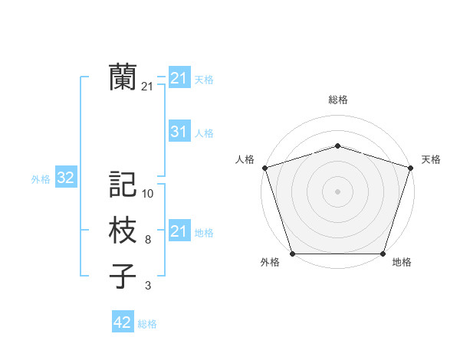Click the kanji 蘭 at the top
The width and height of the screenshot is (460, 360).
(123, 77)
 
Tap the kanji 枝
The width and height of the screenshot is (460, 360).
(123, 231)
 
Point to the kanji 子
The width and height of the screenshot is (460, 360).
(123, 277)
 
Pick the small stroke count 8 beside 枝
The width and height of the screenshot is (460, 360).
(147, 240)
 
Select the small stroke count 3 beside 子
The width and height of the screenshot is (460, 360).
(147, 286)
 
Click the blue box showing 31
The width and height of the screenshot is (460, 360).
(179, 132)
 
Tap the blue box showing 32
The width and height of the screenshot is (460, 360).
(65, 178)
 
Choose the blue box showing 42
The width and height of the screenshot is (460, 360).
(122, 322)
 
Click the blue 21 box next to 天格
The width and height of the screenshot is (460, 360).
(179, 78)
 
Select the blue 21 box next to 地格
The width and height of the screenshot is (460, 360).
(179, 231)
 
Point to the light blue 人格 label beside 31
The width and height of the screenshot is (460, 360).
(204, 133)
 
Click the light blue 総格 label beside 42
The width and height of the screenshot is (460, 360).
(147, 324)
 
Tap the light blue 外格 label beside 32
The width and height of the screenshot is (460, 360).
(41, 179)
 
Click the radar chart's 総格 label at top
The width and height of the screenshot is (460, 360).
(337, 100)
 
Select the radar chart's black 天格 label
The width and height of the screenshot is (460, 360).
(431, 159)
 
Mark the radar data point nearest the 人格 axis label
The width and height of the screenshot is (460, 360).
(264, 167)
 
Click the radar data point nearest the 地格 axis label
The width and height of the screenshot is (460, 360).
(383, 253)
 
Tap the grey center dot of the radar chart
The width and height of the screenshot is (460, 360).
(337, 191)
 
